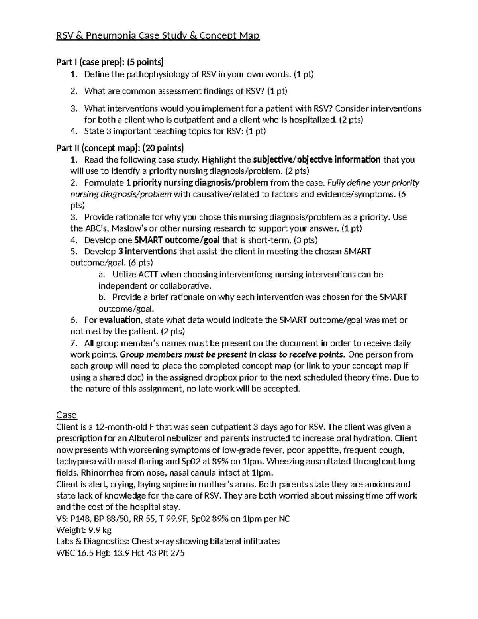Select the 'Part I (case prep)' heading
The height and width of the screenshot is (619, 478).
coord(110,62)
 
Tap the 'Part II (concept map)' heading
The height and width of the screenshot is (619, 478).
coord(120,148)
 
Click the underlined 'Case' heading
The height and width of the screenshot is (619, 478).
coord(66,415)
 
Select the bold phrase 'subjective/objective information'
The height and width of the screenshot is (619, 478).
coord(317,160)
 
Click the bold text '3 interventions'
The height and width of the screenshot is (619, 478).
coord(147,252)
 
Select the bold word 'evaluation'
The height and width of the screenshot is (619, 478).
coord(119,320)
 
